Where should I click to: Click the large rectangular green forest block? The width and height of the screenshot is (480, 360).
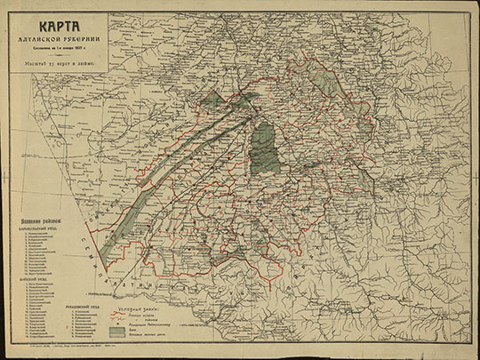point(263,146)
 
